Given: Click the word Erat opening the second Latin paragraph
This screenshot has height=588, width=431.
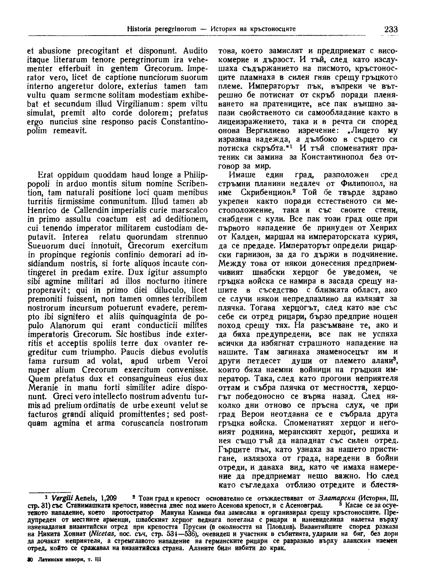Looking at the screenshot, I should pyautogui.click(x=45, y=176).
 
